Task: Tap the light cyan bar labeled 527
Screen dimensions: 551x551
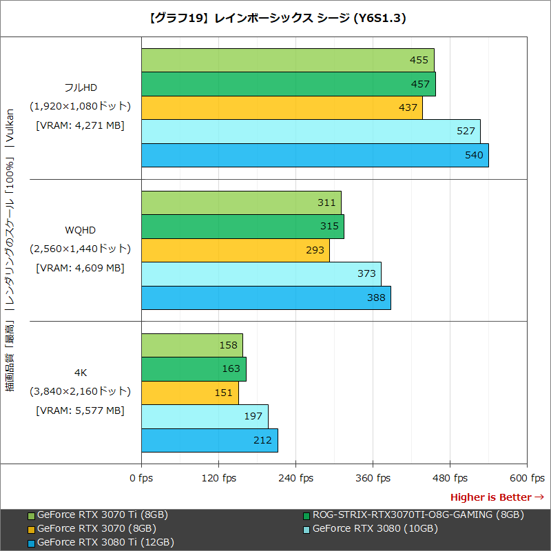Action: (x=311, y=132)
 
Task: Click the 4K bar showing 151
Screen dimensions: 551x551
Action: (x=189, y=393)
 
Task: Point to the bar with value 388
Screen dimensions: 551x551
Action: (x=266, y=298)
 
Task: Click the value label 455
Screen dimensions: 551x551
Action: (x=419, y=61)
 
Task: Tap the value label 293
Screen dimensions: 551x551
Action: (x=315, y=250)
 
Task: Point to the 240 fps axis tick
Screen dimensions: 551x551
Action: (x=295, y=478)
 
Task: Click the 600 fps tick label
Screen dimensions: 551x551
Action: (x=527, y=478)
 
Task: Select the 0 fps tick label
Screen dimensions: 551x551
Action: (x=141, y=478)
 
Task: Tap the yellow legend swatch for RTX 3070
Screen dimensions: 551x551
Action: (x=31, y=529)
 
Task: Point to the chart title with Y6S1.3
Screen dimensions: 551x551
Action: (x=275, y=19)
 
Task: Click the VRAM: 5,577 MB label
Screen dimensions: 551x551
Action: (x=80, y=410)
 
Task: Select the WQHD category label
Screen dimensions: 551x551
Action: (x=80, y=229)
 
